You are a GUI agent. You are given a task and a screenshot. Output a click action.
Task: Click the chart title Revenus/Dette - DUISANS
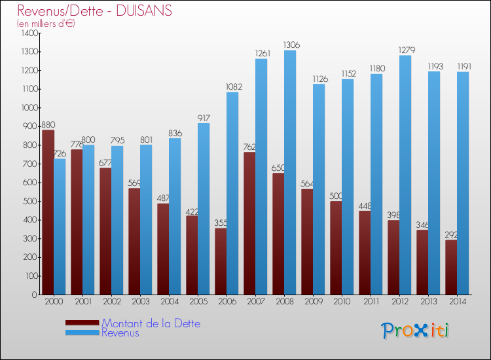(x=94, y=10)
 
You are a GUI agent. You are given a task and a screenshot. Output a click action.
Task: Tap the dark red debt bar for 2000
(x=48, y=212)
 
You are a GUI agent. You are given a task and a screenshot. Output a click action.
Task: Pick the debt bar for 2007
(x=249, y=223)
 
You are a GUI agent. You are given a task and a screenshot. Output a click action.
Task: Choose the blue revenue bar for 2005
(x=204, y=209)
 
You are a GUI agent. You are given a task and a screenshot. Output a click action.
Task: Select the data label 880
(x=48, y=124)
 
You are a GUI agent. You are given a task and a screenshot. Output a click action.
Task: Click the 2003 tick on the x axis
(x=140, y=302)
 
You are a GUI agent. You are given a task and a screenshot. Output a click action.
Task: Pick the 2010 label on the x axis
(x=342, y=302)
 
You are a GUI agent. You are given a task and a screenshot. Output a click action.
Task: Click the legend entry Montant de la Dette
(x=151, y=323)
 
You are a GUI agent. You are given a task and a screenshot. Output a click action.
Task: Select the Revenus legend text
(x=120, y=333)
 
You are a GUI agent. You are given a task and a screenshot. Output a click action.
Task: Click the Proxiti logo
(x=415, y=331)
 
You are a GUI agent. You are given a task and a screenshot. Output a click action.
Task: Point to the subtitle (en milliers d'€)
(x=46, y=24)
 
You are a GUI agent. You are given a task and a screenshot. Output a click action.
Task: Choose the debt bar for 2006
(x=221, y=261)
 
